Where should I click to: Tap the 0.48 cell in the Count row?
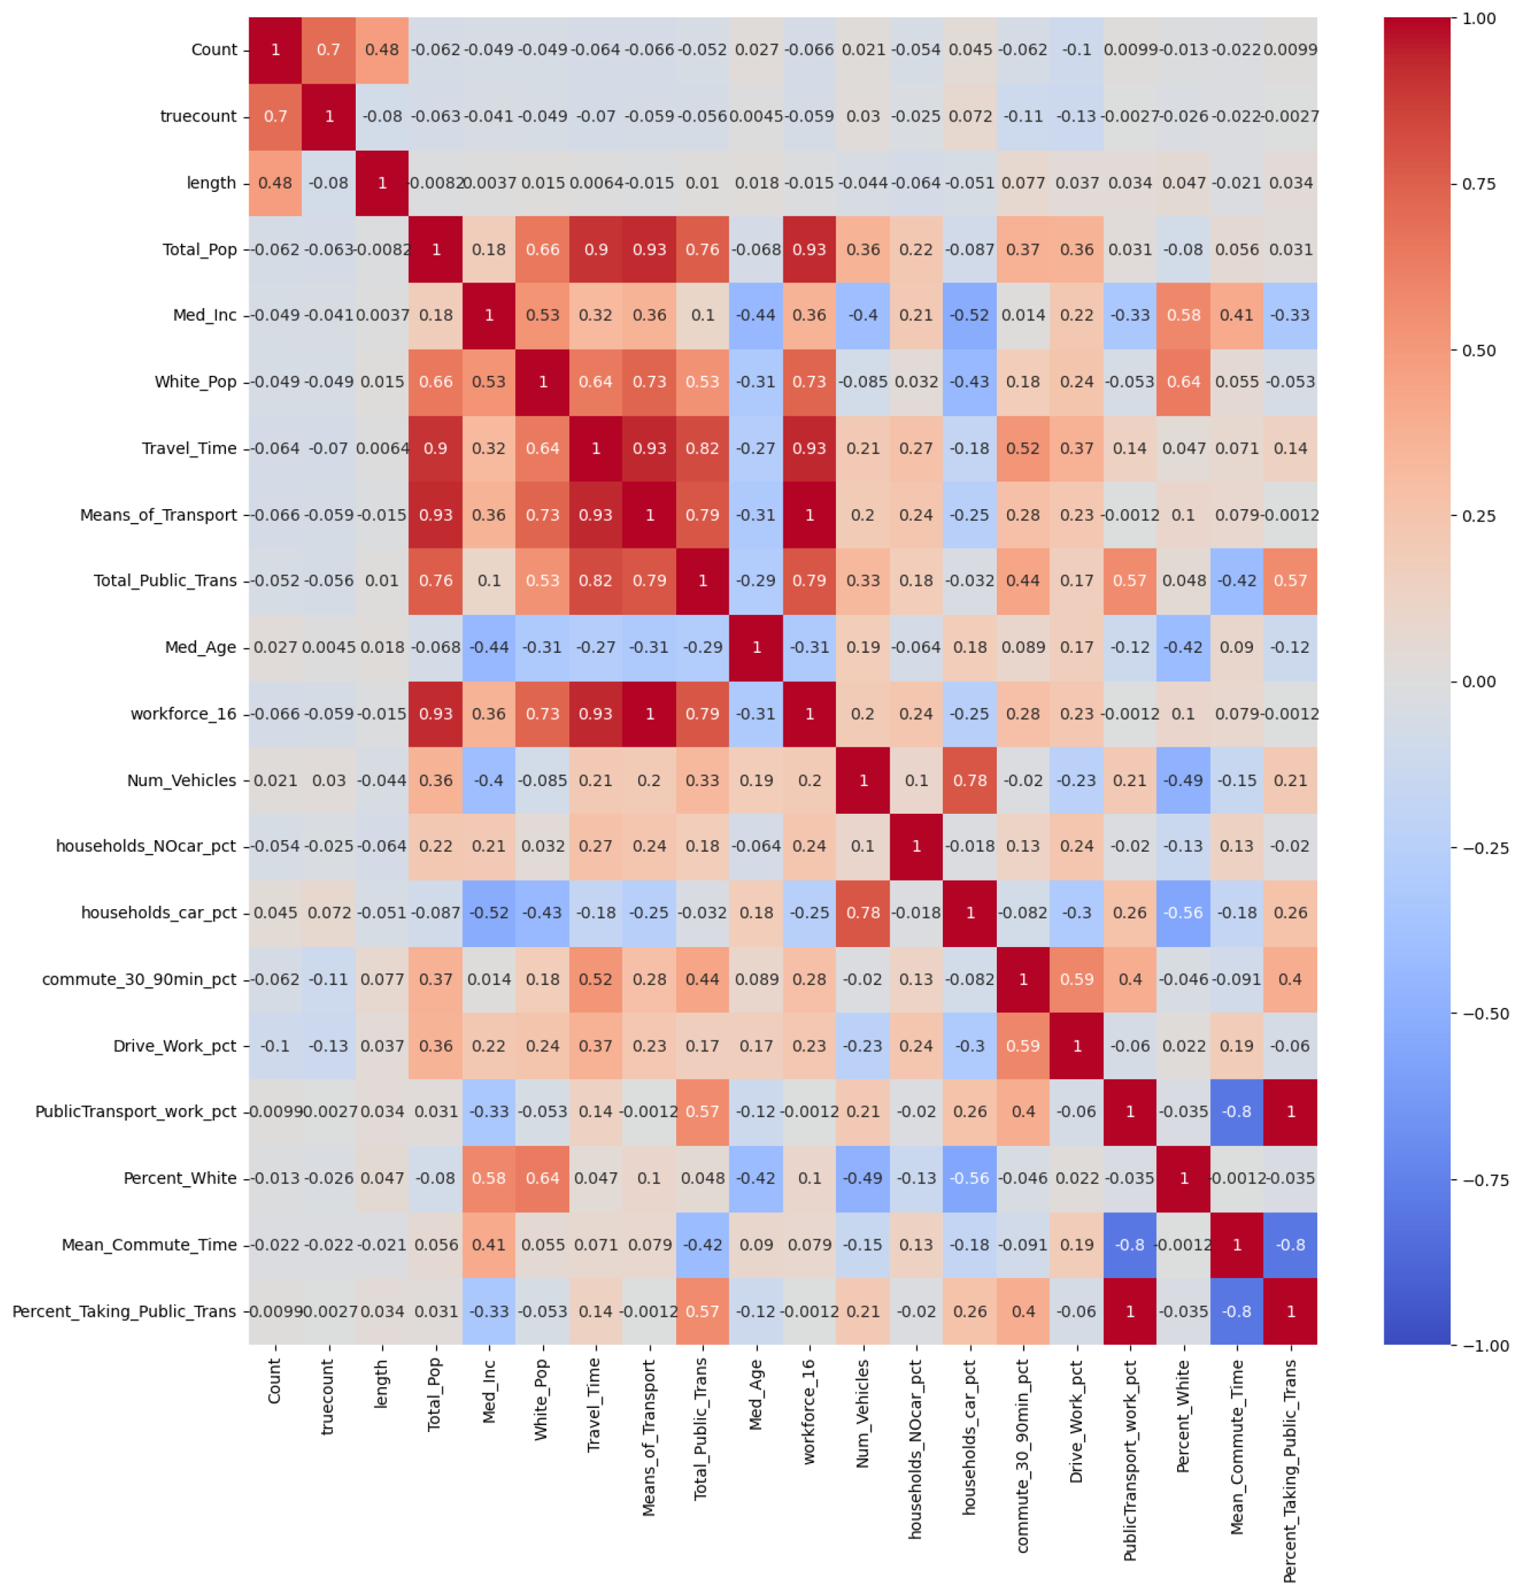click(382, 50)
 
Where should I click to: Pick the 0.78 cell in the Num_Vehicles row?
click(970, 780)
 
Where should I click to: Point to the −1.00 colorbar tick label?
click(1486, 1346)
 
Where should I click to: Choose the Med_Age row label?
click(200, 648)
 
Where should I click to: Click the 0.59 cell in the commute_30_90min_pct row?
click(1077, 980)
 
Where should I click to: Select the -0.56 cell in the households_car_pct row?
click(1183, 913)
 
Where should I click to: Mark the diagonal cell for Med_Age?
click(756, 648)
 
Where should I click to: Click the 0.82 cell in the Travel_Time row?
click(703, 448)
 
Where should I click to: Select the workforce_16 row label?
click(184, 714)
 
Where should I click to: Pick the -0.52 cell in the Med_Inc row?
click(970, 315)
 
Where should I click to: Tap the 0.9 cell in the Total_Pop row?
click(595, 249)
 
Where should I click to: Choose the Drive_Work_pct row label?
click(175, 1046)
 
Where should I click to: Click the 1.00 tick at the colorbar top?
click(1478, 19)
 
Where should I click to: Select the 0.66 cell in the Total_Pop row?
click(542, 249)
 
